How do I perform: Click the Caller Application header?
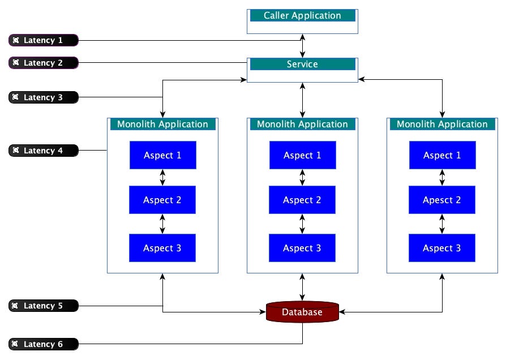pos(302,15)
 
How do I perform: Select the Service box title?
pos(302,64)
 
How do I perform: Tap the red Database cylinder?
pos(302,312)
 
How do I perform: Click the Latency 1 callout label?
pos(44,40)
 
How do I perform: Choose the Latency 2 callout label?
pos(44,63)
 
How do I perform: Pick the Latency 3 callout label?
pos(44,97)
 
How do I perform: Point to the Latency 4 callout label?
pos(44,151)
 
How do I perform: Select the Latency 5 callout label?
pos(44,306)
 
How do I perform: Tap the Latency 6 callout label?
pos(44,344)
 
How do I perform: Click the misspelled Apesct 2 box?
pos(442,200)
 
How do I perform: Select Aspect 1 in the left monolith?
pos(162,155)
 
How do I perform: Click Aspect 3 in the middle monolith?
pos(302,248)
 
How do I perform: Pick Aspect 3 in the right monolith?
pos(442,248)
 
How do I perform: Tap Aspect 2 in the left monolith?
pos(162,200)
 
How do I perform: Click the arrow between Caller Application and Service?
pos(302,46)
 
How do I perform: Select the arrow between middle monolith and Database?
pos(302,287)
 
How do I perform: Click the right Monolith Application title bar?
pos(442,125)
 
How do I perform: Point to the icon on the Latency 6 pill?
pos(15,344)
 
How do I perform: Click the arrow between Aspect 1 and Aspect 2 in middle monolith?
pos(302,177)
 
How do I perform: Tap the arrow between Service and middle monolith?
pos(302,100)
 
